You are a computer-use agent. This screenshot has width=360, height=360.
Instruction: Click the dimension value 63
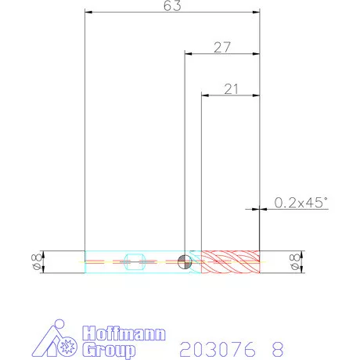(x=172, y=5)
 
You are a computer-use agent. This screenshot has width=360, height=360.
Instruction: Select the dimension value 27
(x=222, y=48)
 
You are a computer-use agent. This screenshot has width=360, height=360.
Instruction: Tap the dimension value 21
(x=231, y=89)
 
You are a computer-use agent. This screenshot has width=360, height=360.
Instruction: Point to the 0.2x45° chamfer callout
(x=301, y=203)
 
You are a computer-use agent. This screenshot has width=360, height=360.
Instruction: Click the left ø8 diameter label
(x=37, y=261)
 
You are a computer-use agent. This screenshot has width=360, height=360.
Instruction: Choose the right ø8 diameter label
(x=294, y=262)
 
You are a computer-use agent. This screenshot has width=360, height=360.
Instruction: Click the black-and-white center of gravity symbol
(x=185, y=261)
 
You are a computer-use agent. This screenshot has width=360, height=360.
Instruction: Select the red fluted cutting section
(x=230, y=261)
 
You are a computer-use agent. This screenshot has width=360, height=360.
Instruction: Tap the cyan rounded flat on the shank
(x=134, y=261)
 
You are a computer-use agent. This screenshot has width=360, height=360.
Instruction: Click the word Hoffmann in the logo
(x=124, y=333)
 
